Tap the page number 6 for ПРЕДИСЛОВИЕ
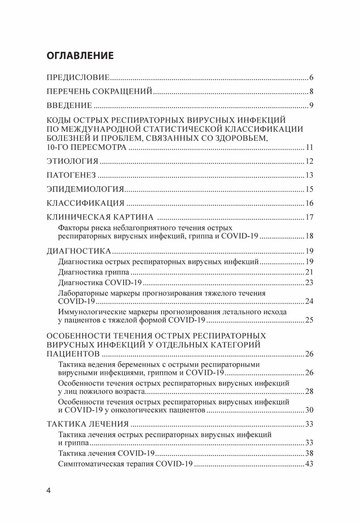(312, 78)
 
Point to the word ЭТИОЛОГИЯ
(72, 162)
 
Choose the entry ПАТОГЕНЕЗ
(71, 176)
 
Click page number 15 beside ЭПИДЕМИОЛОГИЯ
(310, 189)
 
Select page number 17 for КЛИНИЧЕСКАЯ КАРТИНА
(310, 217)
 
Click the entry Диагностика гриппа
(93, 272)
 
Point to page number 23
(310, 283)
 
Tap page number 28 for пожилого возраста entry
(310, 392)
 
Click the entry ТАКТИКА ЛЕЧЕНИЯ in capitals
(87, 424)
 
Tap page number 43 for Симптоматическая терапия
(310, 464)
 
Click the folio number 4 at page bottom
(49, 491)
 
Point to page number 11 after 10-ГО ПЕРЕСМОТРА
(310, 148)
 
